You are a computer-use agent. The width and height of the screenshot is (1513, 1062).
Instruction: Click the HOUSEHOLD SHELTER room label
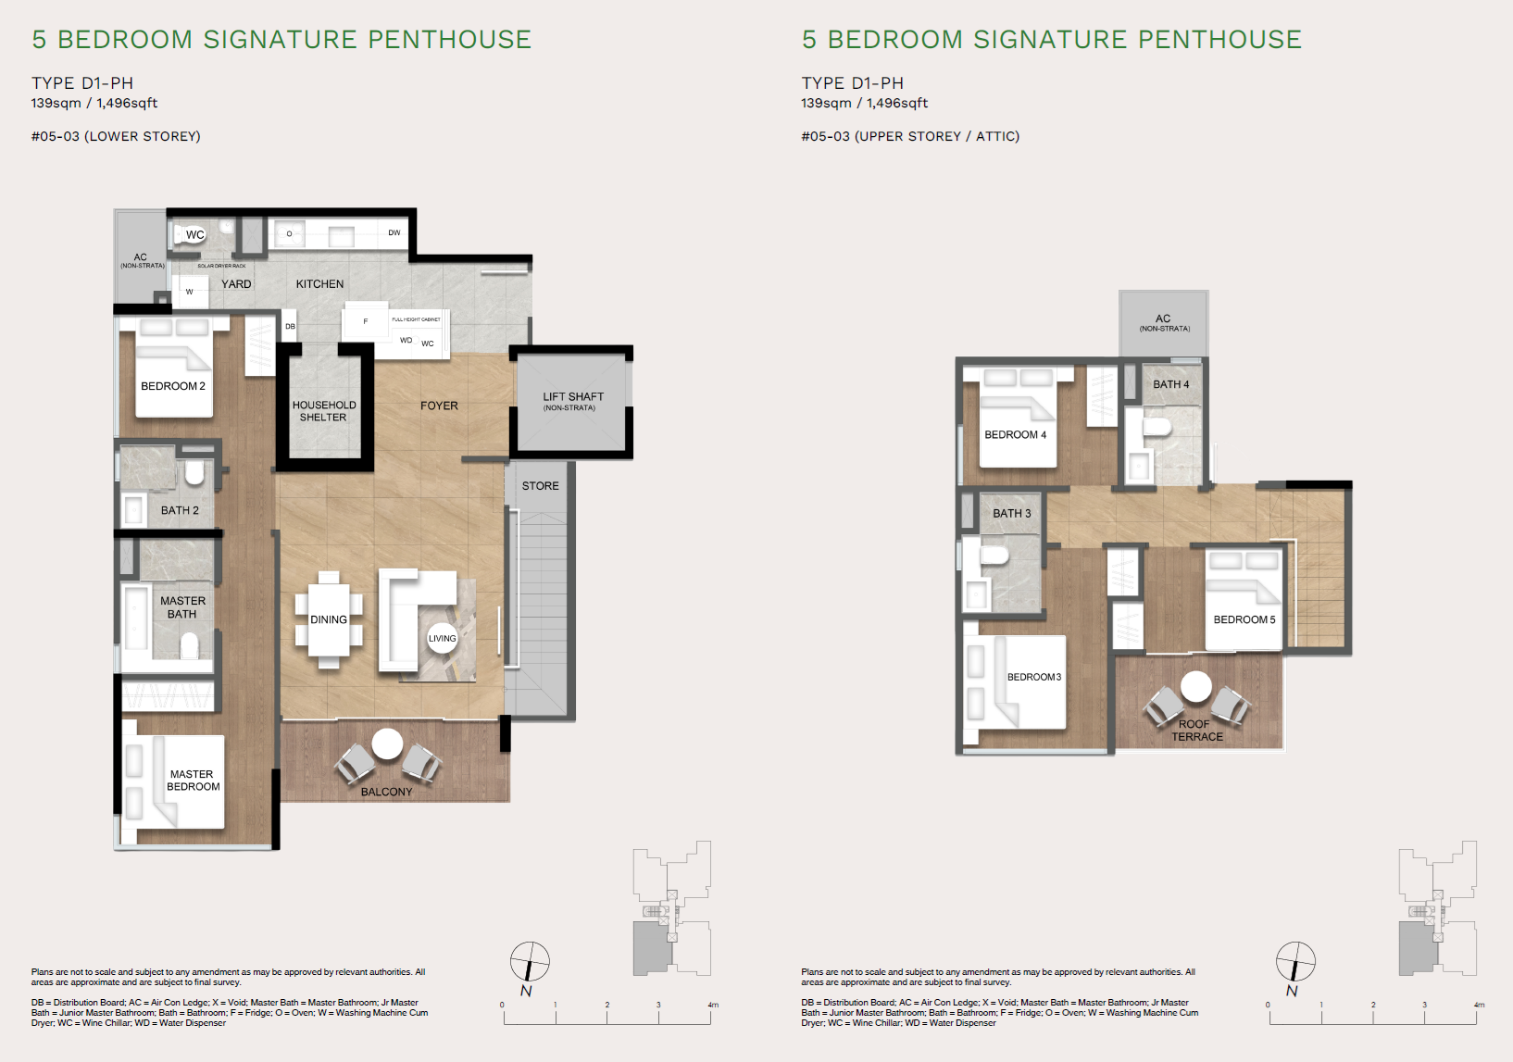(324, 411)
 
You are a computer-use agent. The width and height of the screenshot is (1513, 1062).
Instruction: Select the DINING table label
(329, 619)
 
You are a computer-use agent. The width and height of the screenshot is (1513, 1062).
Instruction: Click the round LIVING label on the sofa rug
(442, 638)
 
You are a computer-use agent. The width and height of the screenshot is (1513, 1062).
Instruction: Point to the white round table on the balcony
(387, 743)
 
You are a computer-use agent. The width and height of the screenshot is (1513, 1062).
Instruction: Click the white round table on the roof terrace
(1195, 686)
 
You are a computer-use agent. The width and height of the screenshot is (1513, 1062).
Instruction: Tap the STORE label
(540, 486)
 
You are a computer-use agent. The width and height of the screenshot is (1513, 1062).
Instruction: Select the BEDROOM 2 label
(173, 386)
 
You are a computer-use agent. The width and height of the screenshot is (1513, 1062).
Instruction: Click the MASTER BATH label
(182, 607)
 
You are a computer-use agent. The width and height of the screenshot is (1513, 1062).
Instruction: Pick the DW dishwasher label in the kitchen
(394, 233)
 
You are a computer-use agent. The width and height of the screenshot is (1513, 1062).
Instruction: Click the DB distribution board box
(290, 326)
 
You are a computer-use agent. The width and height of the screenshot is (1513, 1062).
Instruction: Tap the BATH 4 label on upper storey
(1170, 384)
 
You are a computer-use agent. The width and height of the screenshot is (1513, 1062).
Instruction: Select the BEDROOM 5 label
(1244, 619)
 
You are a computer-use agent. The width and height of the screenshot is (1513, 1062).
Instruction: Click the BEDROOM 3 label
(1033, 677)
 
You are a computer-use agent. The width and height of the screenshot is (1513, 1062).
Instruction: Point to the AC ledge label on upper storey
(1163, 320)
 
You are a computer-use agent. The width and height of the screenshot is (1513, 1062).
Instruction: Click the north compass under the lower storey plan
(530, 962)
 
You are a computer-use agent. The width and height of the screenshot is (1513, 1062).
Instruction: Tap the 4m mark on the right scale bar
(1478, 1006)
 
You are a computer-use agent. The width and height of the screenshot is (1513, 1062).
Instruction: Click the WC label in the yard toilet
(194, 234)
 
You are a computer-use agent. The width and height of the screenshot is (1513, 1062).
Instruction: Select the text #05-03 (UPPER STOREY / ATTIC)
(909, 136)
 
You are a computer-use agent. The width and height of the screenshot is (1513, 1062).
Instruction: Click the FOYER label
(439, 406)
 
